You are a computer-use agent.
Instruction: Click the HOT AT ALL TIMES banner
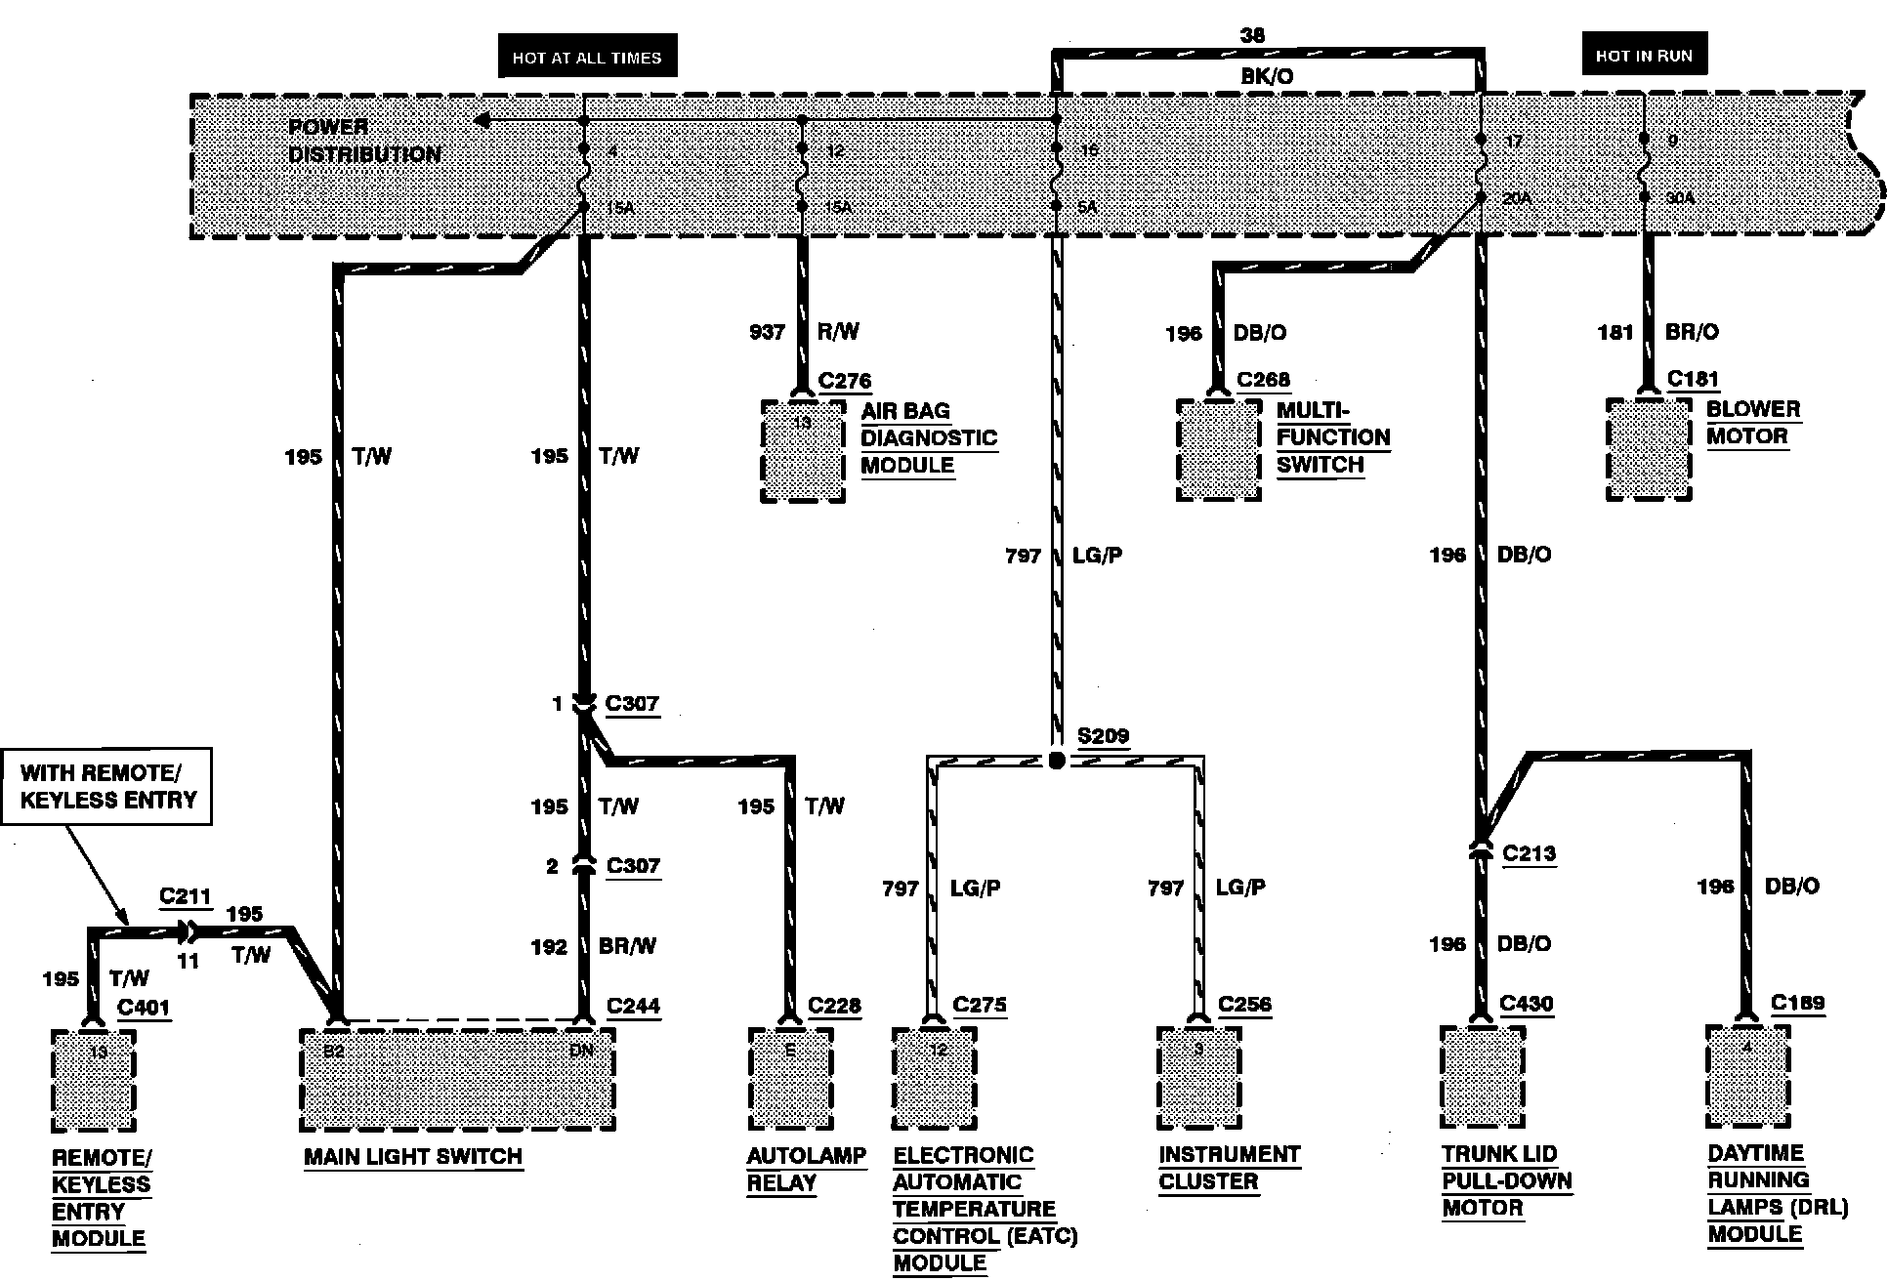(587, 58)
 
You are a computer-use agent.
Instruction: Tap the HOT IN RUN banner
(1644, 56)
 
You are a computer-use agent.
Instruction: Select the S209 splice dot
(1056, 761)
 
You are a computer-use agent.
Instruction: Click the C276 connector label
(845, 381)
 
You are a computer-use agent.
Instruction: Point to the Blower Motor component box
(1649, 449)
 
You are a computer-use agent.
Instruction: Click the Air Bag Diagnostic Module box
(803, 450)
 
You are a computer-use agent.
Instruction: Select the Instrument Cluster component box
(1198, 1077)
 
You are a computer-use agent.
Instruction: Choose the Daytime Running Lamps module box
(1747, 1077)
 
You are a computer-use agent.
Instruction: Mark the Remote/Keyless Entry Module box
(93, 1080)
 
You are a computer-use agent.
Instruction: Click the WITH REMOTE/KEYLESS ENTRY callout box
(107, 787)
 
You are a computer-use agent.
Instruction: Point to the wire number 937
(767, 332)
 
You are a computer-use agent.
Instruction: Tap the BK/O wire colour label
(1267, 76)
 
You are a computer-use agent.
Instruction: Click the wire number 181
(1614, 332)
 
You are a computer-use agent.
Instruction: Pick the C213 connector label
(1529, 853)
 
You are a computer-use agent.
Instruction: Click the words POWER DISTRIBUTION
(363, 141)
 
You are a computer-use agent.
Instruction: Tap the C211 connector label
(185, 896)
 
